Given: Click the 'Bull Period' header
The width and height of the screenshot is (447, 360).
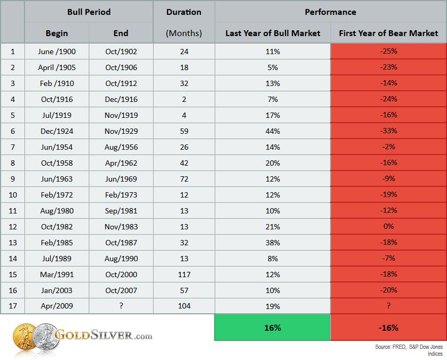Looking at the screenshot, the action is point(89,12).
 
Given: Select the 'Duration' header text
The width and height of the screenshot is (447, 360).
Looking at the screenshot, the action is point(184,12).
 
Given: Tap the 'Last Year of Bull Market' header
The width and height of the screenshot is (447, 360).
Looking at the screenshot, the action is point(273,33).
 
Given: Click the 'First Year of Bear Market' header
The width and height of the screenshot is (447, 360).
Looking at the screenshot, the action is point(389,33).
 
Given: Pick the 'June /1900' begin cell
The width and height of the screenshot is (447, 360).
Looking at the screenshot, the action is point(57,52).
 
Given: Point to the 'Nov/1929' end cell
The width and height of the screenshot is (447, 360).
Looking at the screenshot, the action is point(121,131).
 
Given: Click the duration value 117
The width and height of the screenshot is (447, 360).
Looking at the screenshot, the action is point(184,275).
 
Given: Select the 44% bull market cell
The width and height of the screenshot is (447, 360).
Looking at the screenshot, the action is point(273,131).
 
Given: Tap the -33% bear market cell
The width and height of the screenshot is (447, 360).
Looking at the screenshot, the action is point(389,131).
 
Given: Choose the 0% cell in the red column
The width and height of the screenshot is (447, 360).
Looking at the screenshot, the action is point(389,226).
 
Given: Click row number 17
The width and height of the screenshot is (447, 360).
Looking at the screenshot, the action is point(13,306).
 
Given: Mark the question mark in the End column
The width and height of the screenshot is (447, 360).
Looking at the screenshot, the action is point(121,306).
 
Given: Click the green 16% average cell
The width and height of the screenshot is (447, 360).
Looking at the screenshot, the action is point(273,328).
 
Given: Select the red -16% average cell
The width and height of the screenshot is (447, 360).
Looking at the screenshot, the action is point(389,328).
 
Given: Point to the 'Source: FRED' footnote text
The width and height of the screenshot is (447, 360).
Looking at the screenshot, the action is point(390,347).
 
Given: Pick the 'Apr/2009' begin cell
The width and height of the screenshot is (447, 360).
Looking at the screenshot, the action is point(57,306).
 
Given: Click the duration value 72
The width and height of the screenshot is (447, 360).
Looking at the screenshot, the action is point(184,179).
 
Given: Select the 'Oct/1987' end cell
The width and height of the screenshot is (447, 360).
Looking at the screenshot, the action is point(121,243).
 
